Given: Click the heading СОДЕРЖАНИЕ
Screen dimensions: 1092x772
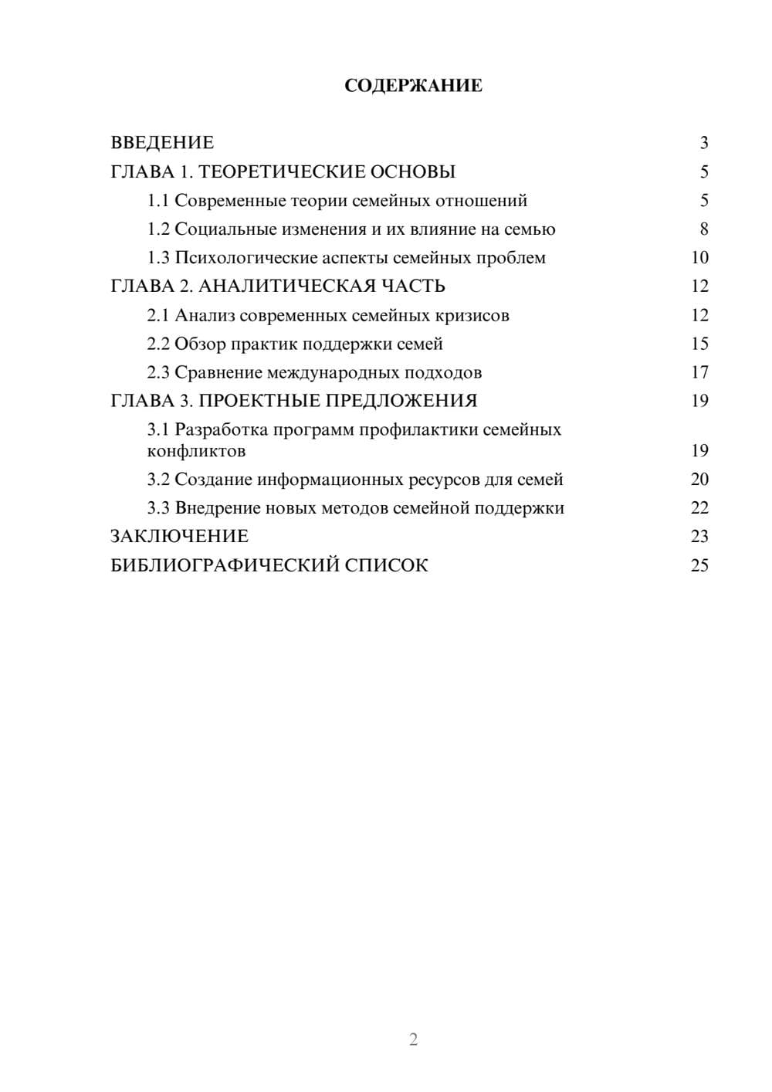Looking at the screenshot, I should [413, 86].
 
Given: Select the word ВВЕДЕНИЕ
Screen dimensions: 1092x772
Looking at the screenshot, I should [162, 143].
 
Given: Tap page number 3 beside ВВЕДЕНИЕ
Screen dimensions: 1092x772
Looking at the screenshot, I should [703, 143].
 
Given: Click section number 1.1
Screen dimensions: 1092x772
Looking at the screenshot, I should [158, 201].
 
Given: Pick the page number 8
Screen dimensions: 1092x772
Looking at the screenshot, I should [703, 229].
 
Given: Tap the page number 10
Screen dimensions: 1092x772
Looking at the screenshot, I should [699, 258].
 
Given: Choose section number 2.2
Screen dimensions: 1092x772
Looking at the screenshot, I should [158, 344].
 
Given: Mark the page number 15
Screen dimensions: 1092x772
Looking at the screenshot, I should [699, 344].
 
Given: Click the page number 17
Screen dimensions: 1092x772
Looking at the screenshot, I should [699, 373].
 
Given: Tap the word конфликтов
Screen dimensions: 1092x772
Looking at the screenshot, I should [196, 451].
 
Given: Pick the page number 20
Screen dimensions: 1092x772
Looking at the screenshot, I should [699, 480].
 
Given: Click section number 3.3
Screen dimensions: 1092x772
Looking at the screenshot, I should [158, 508].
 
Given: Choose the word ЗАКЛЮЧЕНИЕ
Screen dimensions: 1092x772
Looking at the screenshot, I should [180, 537].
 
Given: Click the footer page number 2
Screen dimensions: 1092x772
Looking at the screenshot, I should [413, 1039].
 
